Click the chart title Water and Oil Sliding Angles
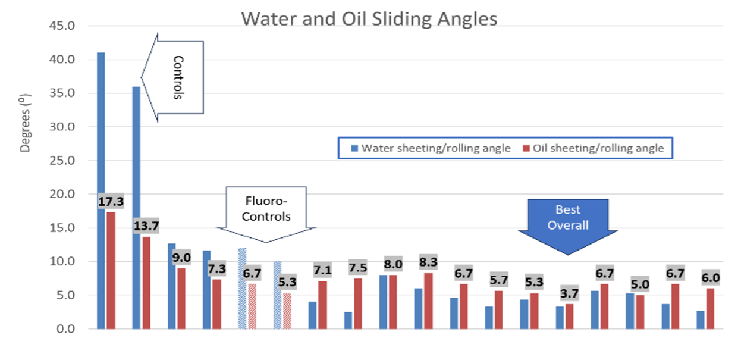tap(369, 19)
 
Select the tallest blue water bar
tap(101, 190)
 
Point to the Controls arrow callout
tap(177, 77)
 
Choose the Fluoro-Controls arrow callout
tap(266, 211)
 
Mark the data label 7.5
tap(358, 267)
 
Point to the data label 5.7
tap(498, 280)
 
